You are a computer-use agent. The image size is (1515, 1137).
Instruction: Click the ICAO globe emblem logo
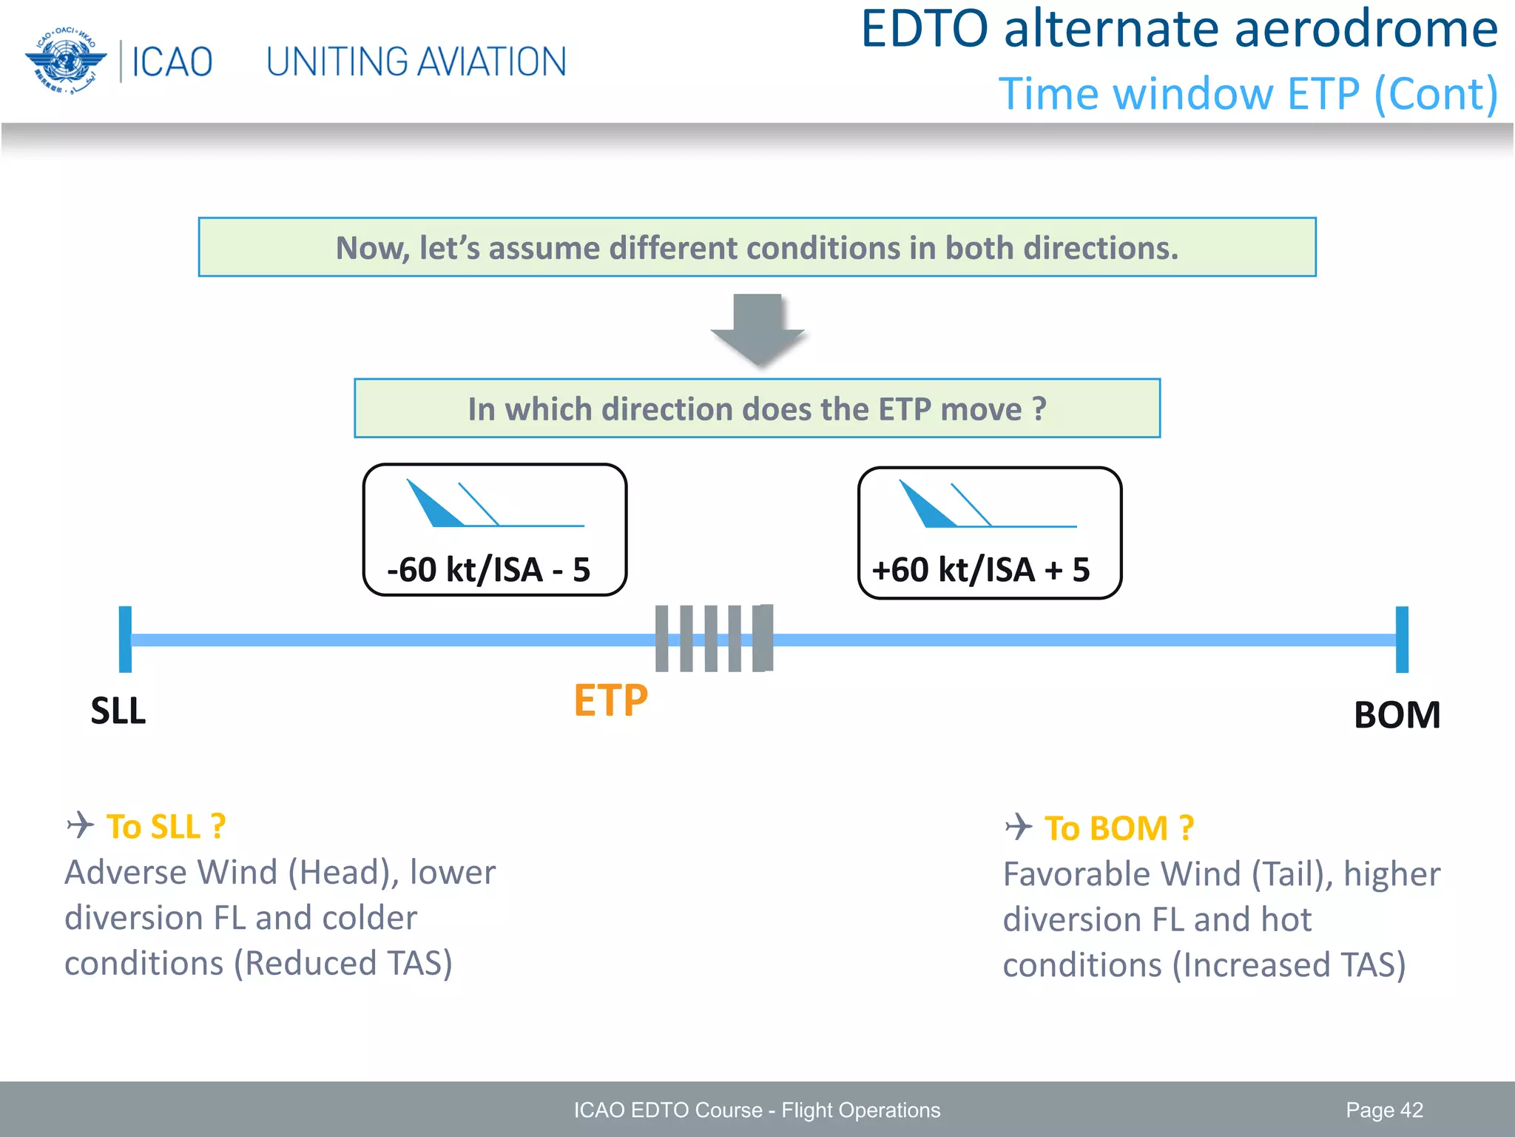tap(65, 61)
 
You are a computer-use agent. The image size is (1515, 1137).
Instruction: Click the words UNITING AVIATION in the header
tap(416, 62)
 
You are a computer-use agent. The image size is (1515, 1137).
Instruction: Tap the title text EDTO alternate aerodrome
tap(1179, 30)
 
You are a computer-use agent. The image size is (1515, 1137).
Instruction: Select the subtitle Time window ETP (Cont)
tap(1248, 95)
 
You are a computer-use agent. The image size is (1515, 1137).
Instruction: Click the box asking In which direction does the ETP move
tap(757, 409)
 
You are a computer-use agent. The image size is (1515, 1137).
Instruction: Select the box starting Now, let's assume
tap(757, 247)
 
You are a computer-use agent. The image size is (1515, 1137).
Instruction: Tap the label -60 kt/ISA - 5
tap(488, 570)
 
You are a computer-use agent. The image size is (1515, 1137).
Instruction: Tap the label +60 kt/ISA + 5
tap(981, 570)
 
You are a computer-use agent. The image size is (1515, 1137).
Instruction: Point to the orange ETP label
tap(610, 700)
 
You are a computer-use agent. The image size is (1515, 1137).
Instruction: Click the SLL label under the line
tap(118, 711)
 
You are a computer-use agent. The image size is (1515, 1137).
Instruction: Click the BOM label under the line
tap(1397, 715)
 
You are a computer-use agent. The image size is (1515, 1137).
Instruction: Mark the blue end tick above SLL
tap(126, 639)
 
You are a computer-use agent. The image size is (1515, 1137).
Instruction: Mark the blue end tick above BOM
tap(1402, 639)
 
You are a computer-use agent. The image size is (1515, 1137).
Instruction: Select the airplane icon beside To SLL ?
tap(81, 825)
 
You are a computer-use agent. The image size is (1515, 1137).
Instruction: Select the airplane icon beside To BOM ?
tap(1019, 826)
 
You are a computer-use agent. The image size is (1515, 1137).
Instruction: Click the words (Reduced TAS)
tap(343, 964)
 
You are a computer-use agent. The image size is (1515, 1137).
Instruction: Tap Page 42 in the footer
tap(1384, 1110)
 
